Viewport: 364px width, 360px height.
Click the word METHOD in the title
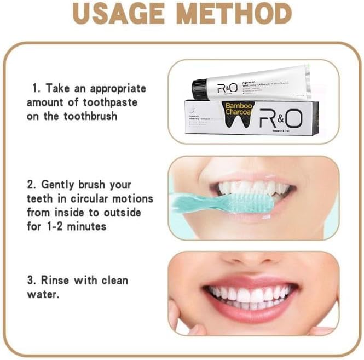point(235,14)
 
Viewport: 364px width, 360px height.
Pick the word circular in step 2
point(90,198)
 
